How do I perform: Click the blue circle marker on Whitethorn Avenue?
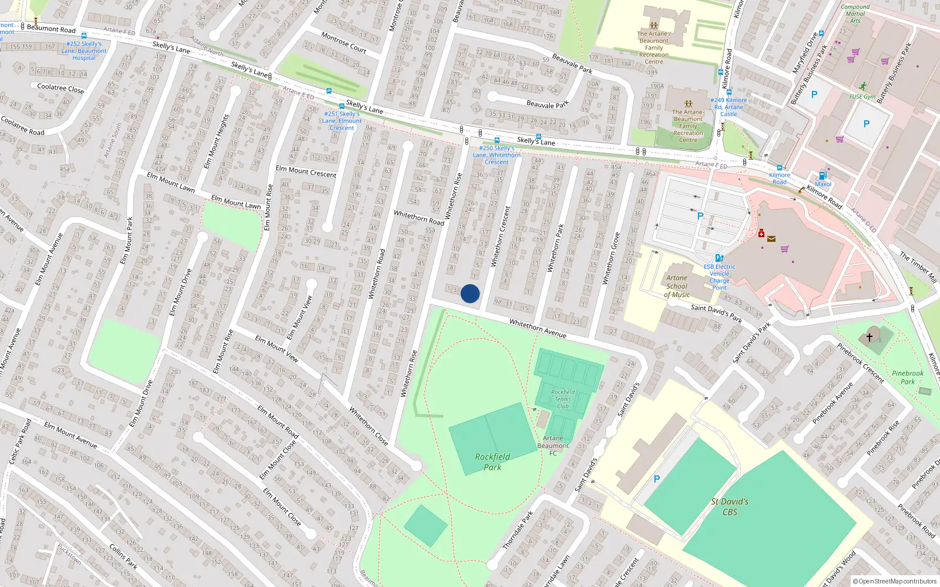pos(470,293)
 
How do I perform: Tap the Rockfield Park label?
pos(492,462)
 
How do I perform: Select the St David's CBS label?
pos(730,507)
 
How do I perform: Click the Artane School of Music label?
pos(677,286)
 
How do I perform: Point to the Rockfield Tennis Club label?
pos(563,399)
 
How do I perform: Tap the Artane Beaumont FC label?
pos(553,446)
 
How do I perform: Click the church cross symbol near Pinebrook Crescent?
pos(869,337)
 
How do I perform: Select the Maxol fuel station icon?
pos(822,176)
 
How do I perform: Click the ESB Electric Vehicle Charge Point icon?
pos(719,258)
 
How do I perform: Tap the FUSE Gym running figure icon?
pos(862,87)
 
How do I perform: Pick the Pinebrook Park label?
pos(908,377)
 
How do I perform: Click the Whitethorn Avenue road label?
pos(538,329)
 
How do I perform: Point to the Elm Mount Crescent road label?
pos(306,171)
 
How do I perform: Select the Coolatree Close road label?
pos(61,88)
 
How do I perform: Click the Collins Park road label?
pos(123,556)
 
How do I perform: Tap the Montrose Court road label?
pos(344,42)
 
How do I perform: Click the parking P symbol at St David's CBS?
pos(657,479)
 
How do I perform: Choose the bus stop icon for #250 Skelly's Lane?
pos(496,140)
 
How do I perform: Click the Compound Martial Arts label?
pos(855,14)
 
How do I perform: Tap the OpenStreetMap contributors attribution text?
pos(895,581)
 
